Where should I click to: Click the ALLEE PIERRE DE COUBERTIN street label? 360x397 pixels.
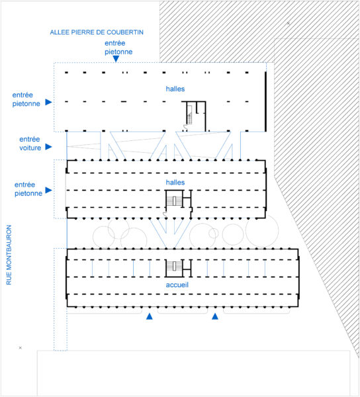coord(97,32)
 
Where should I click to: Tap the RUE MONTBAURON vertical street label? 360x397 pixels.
coord(9,255)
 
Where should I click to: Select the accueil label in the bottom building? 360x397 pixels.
coord(177,285)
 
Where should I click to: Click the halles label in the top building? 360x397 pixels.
coord(175,89)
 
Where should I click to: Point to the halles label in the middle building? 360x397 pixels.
coord(175,183)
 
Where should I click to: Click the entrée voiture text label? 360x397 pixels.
coord(30,144)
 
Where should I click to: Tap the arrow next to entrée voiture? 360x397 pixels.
coord(48,147)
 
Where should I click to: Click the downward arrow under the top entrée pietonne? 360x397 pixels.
coord(116,59)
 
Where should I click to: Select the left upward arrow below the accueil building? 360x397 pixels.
coord(150,316)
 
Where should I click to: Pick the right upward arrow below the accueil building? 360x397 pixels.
coord(215,316)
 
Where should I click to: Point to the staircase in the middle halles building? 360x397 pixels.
coord(175,201)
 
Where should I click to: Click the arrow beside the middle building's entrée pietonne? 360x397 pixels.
coord(48,190)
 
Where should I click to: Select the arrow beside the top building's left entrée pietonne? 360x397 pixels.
coord(48,102)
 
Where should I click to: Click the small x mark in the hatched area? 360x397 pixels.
coord(289,23)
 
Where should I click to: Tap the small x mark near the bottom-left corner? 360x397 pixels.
coord(21,348)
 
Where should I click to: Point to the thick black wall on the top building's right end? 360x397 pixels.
coord(265,102)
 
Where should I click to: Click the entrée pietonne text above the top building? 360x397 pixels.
coord(118,48)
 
